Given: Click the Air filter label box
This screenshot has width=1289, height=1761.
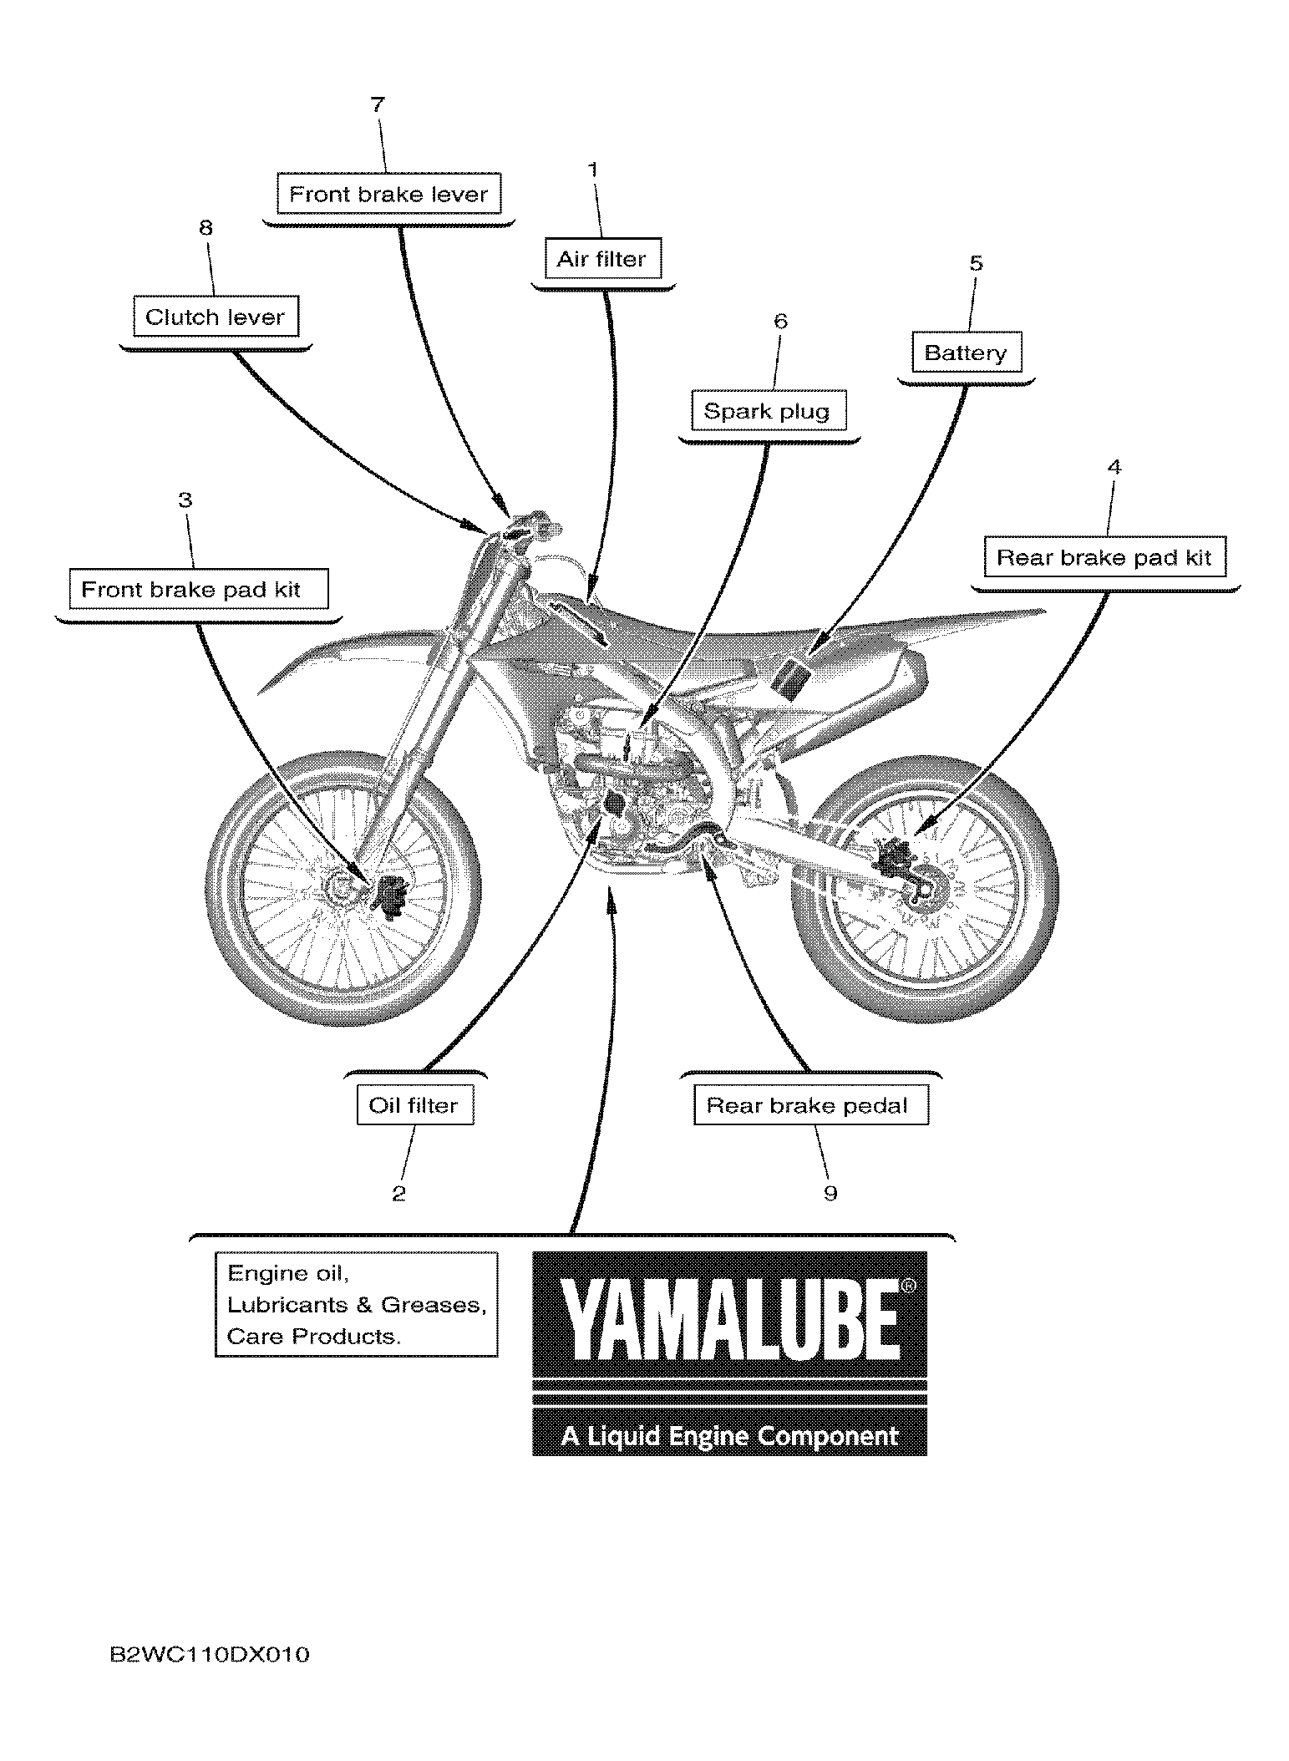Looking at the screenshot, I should click(601, 259).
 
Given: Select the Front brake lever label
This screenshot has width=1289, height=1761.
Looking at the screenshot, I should click(388, 195).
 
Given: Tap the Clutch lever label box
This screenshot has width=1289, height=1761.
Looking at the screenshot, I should click(216, 317).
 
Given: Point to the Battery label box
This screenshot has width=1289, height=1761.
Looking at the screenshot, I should click(965, 353).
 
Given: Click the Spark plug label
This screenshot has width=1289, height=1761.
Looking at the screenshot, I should click(767, 411).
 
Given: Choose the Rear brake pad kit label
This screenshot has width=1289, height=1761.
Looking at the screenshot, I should click(1104, 557).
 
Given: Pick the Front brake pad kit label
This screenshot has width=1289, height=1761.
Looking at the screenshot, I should click(191, 590).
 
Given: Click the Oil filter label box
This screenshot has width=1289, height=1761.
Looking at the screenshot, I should click(414, 1105).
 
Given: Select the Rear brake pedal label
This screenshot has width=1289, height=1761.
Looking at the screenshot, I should click(807, 1105).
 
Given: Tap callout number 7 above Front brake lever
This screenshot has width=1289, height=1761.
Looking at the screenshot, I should click(378, 104).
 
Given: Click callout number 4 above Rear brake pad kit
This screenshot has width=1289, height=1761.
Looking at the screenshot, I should click(1114, 467).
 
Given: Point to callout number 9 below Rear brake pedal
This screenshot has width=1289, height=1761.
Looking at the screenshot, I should click(830, 1193).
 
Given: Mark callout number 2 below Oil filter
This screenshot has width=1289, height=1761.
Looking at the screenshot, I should click(399, 1194).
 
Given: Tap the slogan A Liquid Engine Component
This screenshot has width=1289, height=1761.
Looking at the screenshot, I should click(729, 1436).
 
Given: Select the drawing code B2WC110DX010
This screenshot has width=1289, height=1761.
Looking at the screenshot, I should click(210, 1654).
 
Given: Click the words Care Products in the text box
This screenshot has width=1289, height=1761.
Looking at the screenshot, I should click(313, 1337).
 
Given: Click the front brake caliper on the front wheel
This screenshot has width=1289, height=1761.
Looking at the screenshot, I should click(390, 896).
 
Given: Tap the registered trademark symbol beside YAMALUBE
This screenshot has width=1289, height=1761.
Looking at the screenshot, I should click(909, 1287).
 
